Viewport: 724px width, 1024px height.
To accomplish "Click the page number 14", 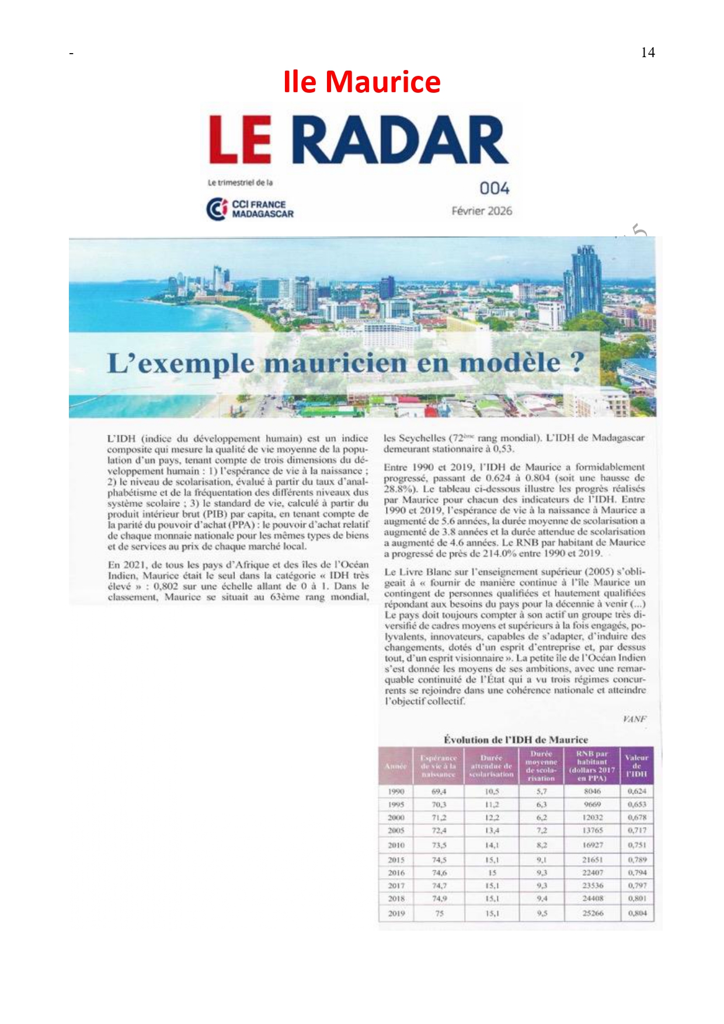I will point(648,53).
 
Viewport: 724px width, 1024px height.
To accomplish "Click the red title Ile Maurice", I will point(361,82).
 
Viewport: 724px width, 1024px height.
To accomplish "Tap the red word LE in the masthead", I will point(240,140).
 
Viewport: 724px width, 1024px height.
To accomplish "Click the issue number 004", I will point(494,188).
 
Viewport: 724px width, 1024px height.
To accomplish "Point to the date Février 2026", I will point(482,211).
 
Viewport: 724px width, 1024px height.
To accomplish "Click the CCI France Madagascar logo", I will point(250,209).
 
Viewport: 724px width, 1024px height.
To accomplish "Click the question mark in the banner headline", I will point(577,362).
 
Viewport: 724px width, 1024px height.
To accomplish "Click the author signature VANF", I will point(634,719).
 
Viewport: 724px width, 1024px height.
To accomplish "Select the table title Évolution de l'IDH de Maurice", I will point(516,739).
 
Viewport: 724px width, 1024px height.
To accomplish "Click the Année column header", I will point(396,766).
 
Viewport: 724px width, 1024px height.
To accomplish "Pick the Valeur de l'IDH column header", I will point(636,766).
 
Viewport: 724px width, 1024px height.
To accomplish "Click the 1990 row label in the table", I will point(396,791).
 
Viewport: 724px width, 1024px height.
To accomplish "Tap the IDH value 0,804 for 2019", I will point(637,913).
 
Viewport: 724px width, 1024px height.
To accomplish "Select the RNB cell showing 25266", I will point(593,913).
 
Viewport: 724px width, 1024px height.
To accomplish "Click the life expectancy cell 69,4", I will point(439,791).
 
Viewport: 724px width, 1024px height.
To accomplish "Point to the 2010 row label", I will point(396,845).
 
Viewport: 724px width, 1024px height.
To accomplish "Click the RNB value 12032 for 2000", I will point(593,817).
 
